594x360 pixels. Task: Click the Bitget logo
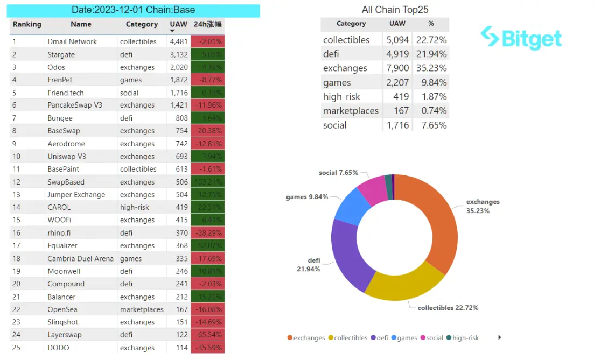point(521,38)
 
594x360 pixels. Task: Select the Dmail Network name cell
point(72,41)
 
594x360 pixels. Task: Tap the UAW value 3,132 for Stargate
point(178,54)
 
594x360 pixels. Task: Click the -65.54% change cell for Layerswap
point(208,335)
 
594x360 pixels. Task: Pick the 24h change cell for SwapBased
point(208,182)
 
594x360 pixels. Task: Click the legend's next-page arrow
point(500,337)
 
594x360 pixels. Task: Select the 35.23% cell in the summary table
point(430,68)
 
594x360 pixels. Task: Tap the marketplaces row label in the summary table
point(351,111)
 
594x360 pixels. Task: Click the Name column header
point(81,24)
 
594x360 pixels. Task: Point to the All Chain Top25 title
point(395,10)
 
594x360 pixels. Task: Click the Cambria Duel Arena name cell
point(80,258)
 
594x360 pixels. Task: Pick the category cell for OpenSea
point(142,309)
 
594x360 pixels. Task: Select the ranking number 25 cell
point(17,348)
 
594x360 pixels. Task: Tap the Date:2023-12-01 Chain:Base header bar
point(134,10)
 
